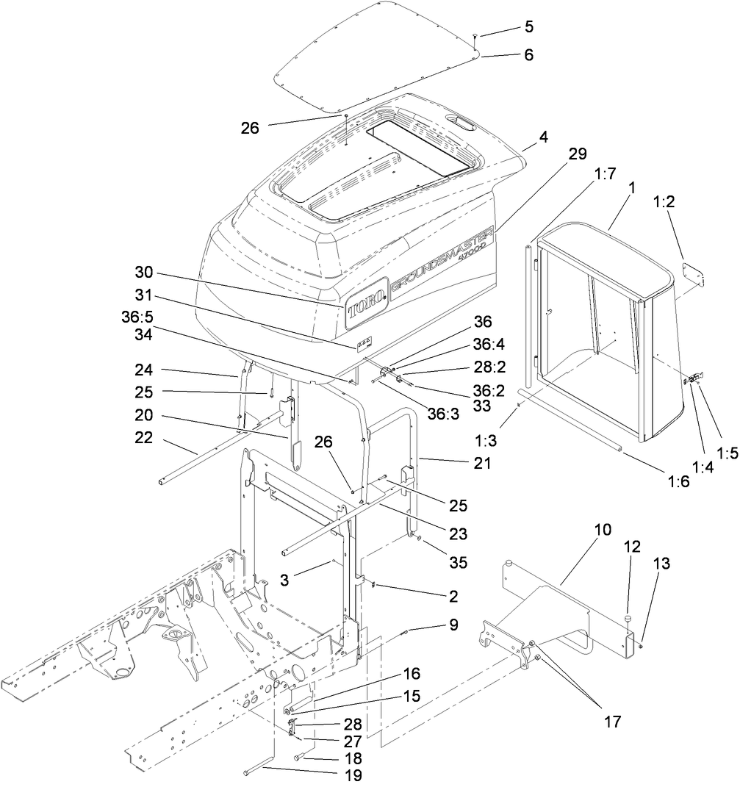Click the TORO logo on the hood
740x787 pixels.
coord(367,303)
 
